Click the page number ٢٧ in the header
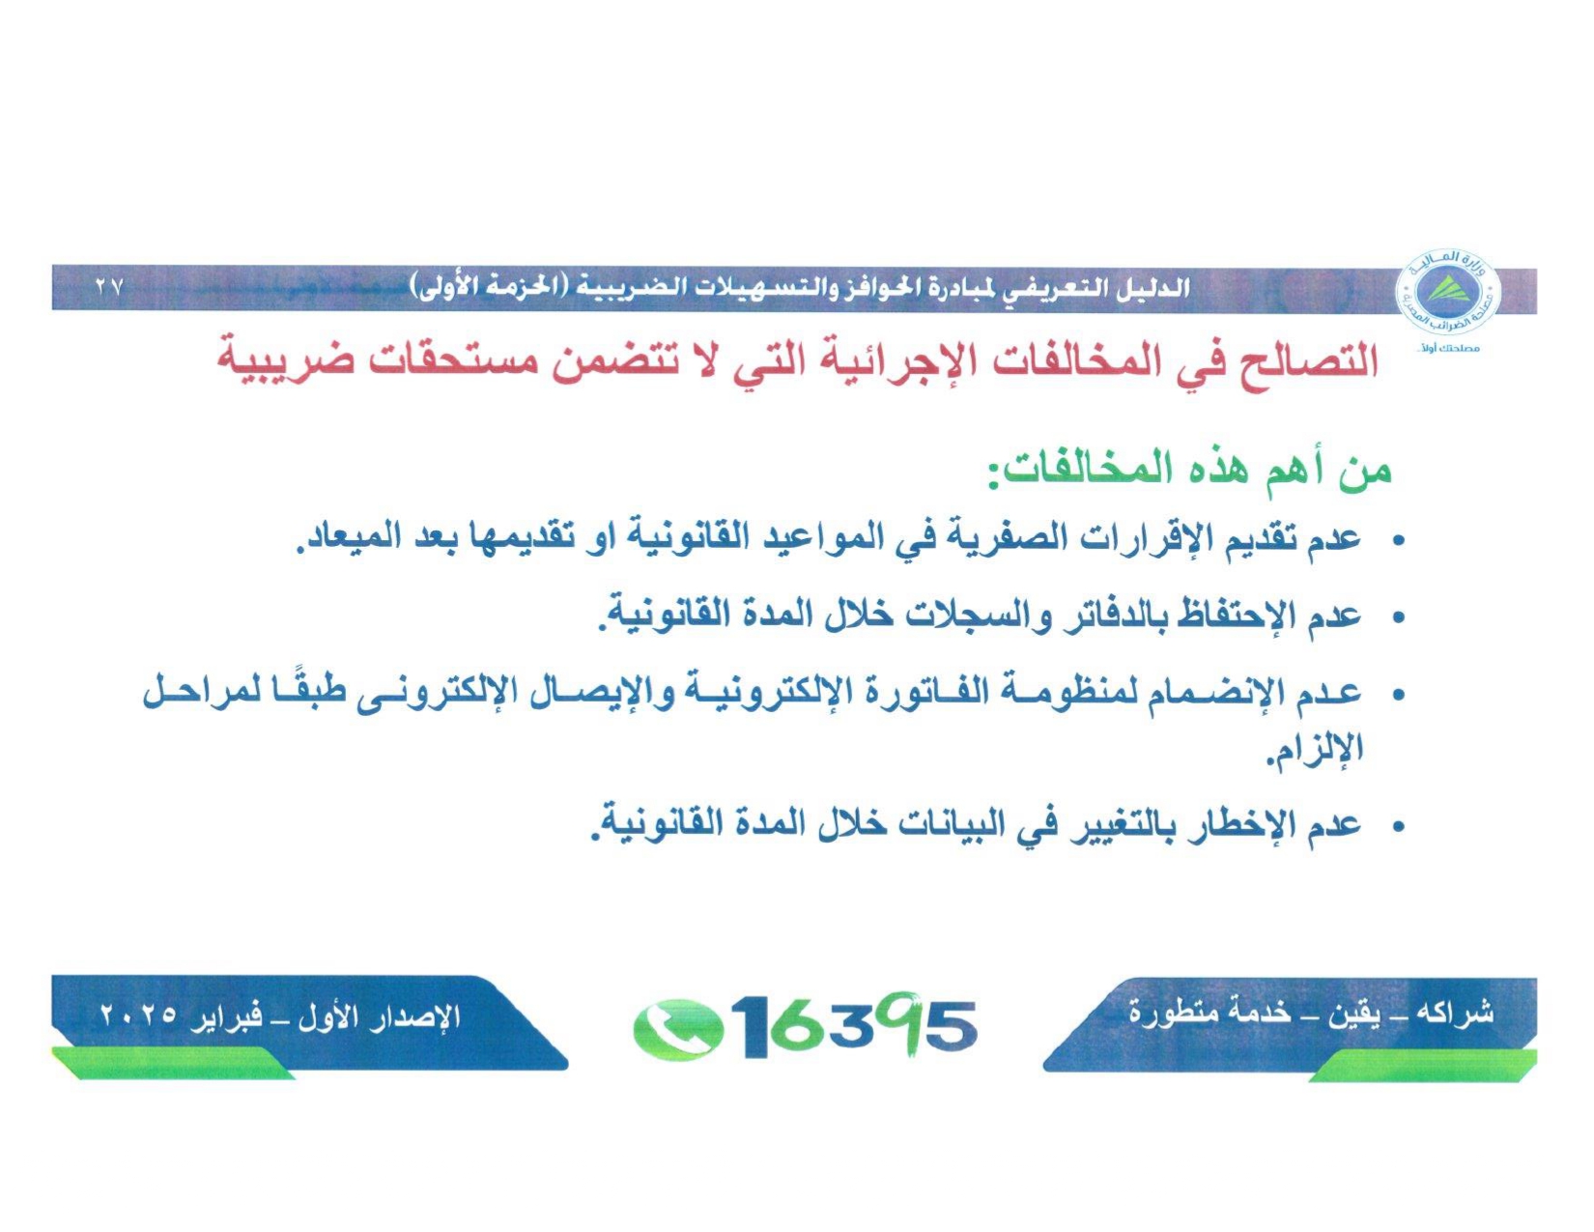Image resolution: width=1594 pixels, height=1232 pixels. [109, 287]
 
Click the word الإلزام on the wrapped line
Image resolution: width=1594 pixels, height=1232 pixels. [1314, 749]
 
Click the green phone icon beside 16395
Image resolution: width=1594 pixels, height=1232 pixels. [677, 1028]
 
